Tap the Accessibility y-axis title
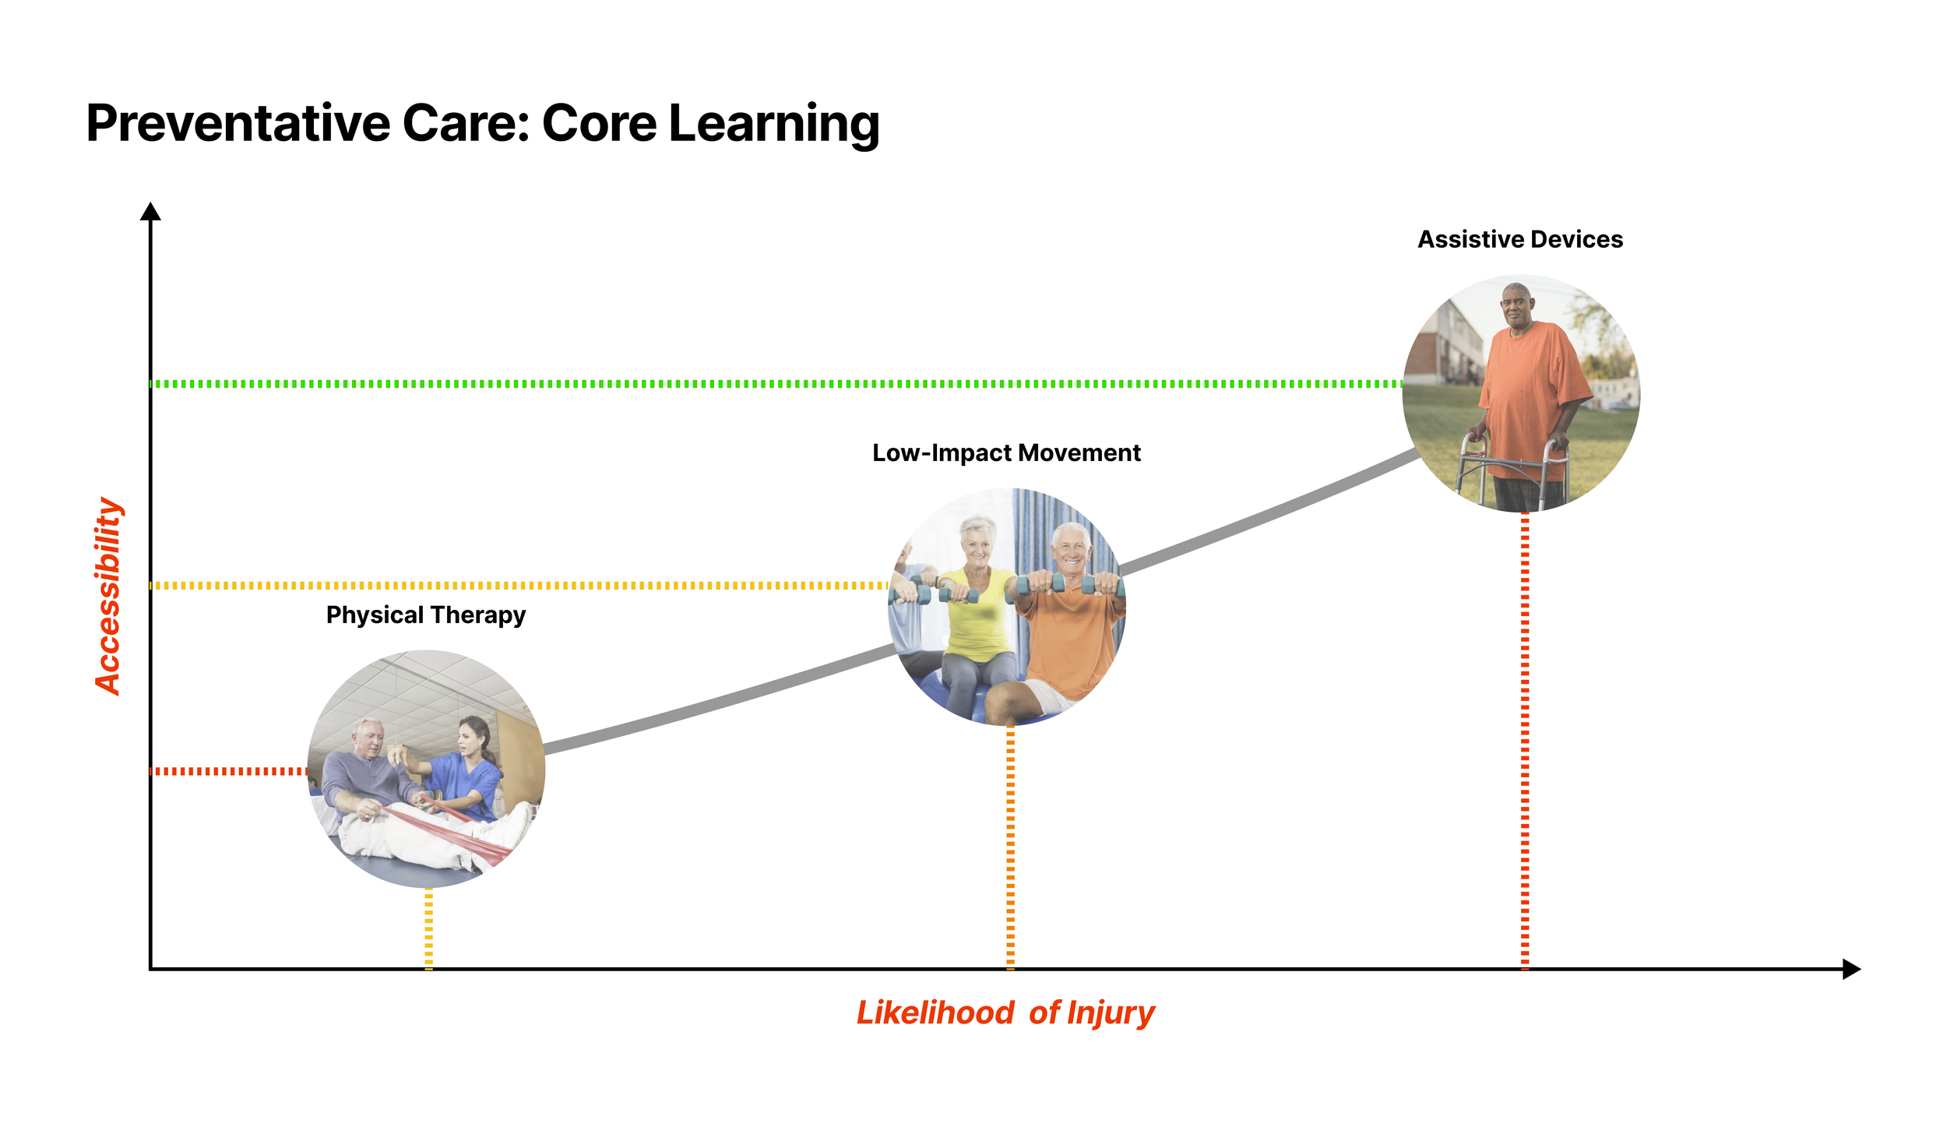click(108, 596)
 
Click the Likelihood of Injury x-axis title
click(1005, 1013)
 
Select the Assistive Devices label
click(1519, 239)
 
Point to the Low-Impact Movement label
click(1006, 453)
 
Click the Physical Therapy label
click(426, 615)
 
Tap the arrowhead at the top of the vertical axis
click(150, 211)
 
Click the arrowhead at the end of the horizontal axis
click(1851, 969)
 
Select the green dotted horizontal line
click(779, 384)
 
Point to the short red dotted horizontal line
click(230, 771)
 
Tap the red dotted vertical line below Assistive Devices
click(1525, 740)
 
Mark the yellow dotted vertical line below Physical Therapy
click(429, 927)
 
